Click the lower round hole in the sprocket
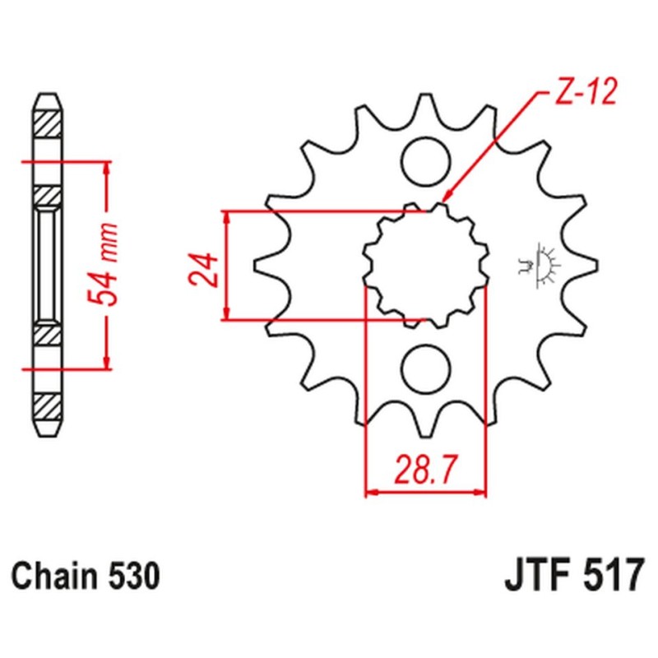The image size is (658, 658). point(425,368)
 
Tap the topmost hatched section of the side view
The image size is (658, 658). point(47,123)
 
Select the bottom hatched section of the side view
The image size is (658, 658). point(47,405)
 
